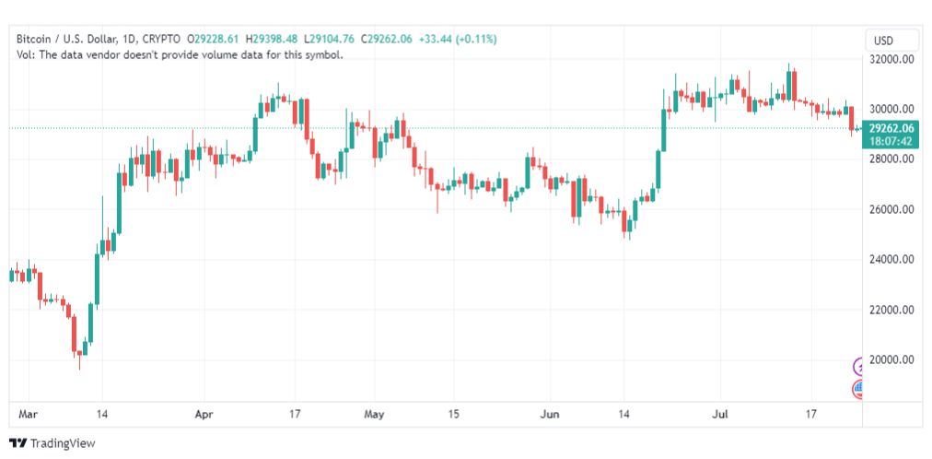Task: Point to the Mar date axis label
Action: coord(28,415)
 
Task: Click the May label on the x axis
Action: coord(373,415)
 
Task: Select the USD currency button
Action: coord(884,41)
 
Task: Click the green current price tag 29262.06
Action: coord(891,128)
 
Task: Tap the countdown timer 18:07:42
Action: coord(891,141)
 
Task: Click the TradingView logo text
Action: coord(62,443)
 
